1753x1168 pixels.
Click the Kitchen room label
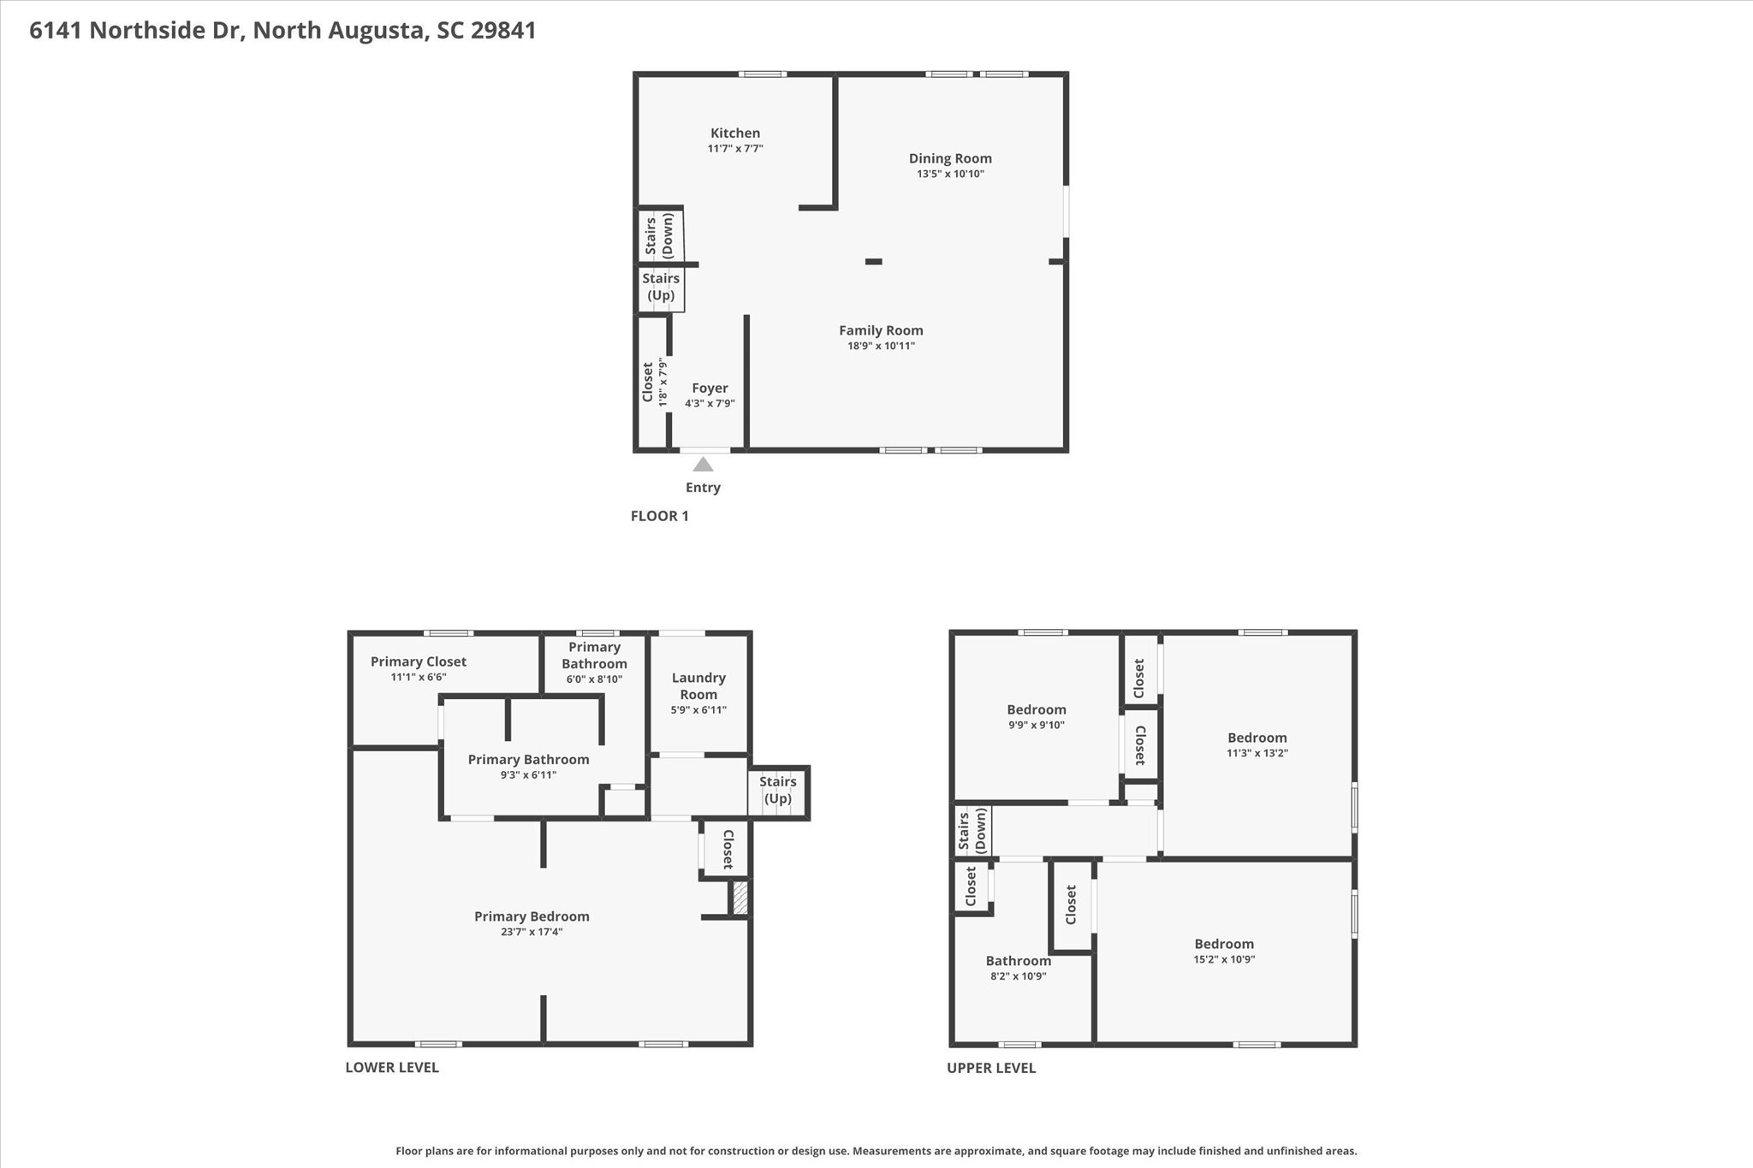(735, 133)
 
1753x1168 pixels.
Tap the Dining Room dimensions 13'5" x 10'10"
(950, 174)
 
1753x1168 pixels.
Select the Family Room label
(881, 330)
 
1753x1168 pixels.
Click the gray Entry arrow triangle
(703, 465)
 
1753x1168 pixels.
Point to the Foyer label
(710, 388)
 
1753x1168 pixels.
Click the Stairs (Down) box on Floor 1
(660, 235)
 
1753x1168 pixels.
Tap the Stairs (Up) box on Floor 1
(661, 288)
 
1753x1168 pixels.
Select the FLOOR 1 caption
(659, 516)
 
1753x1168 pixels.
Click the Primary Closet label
(419, 661)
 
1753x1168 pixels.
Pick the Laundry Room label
(698, 686)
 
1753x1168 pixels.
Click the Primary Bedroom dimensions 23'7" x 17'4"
(532, 932)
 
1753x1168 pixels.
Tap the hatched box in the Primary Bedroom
(739, 898)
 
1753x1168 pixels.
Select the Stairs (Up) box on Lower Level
(777, 791)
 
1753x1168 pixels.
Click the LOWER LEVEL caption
(392, 1067)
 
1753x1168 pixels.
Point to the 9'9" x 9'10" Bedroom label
(1036, 710)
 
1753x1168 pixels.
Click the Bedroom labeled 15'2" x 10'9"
(1224, 945)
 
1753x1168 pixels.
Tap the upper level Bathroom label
(1018, 961)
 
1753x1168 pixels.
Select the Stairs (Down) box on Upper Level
(972, 831)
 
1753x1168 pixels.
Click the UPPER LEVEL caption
(991, 1068)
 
